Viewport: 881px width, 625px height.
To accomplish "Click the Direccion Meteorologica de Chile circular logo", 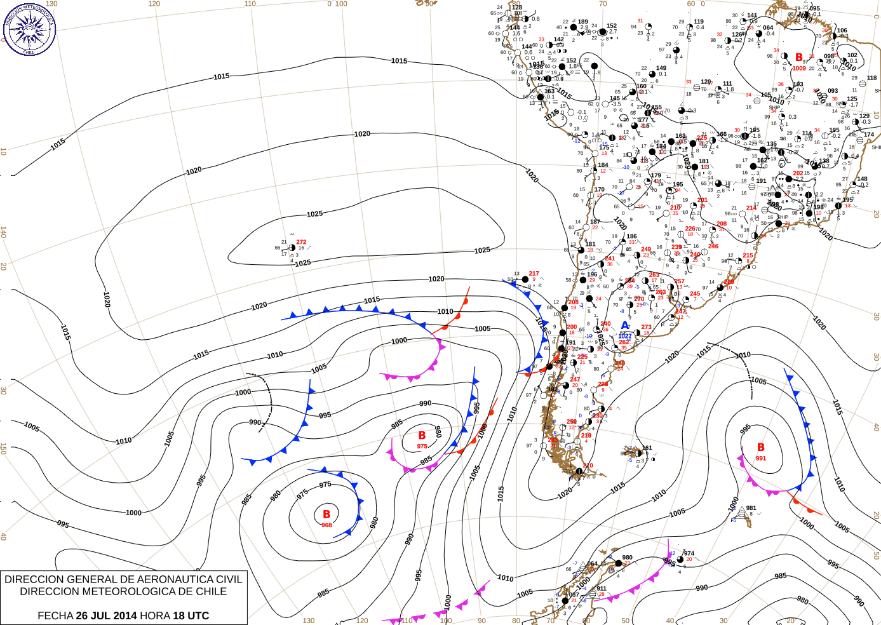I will point(29,29).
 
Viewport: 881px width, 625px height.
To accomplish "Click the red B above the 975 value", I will point(422,436).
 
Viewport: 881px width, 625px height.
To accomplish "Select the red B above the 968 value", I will point(326,514).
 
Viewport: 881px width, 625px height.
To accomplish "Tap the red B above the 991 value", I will point(761,448).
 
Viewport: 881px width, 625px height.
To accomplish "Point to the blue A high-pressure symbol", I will point(625,326).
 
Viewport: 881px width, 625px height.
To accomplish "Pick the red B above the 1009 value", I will point(799,58).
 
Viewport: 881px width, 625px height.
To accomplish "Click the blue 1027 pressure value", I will point(625,336).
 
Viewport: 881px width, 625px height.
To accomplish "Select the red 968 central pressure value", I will point(326,525).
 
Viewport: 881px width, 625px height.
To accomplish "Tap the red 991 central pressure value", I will point(761,459).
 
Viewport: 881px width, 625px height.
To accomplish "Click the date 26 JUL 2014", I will point(106,615).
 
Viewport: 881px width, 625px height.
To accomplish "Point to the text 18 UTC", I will point(191,615).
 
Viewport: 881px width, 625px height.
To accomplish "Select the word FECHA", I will point(55,615).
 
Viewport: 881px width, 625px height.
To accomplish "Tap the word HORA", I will point(154,615).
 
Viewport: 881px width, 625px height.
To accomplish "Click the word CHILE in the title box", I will point(210,591).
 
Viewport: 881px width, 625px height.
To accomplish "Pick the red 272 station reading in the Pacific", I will point(301,242).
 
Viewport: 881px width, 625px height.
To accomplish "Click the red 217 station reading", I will point(534,274).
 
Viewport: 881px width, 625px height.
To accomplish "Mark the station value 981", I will point(751,508).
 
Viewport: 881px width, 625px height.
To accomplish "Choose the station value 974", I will point(689,553).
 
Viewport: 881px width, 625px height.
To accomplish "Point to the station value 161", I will point(647,448).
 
